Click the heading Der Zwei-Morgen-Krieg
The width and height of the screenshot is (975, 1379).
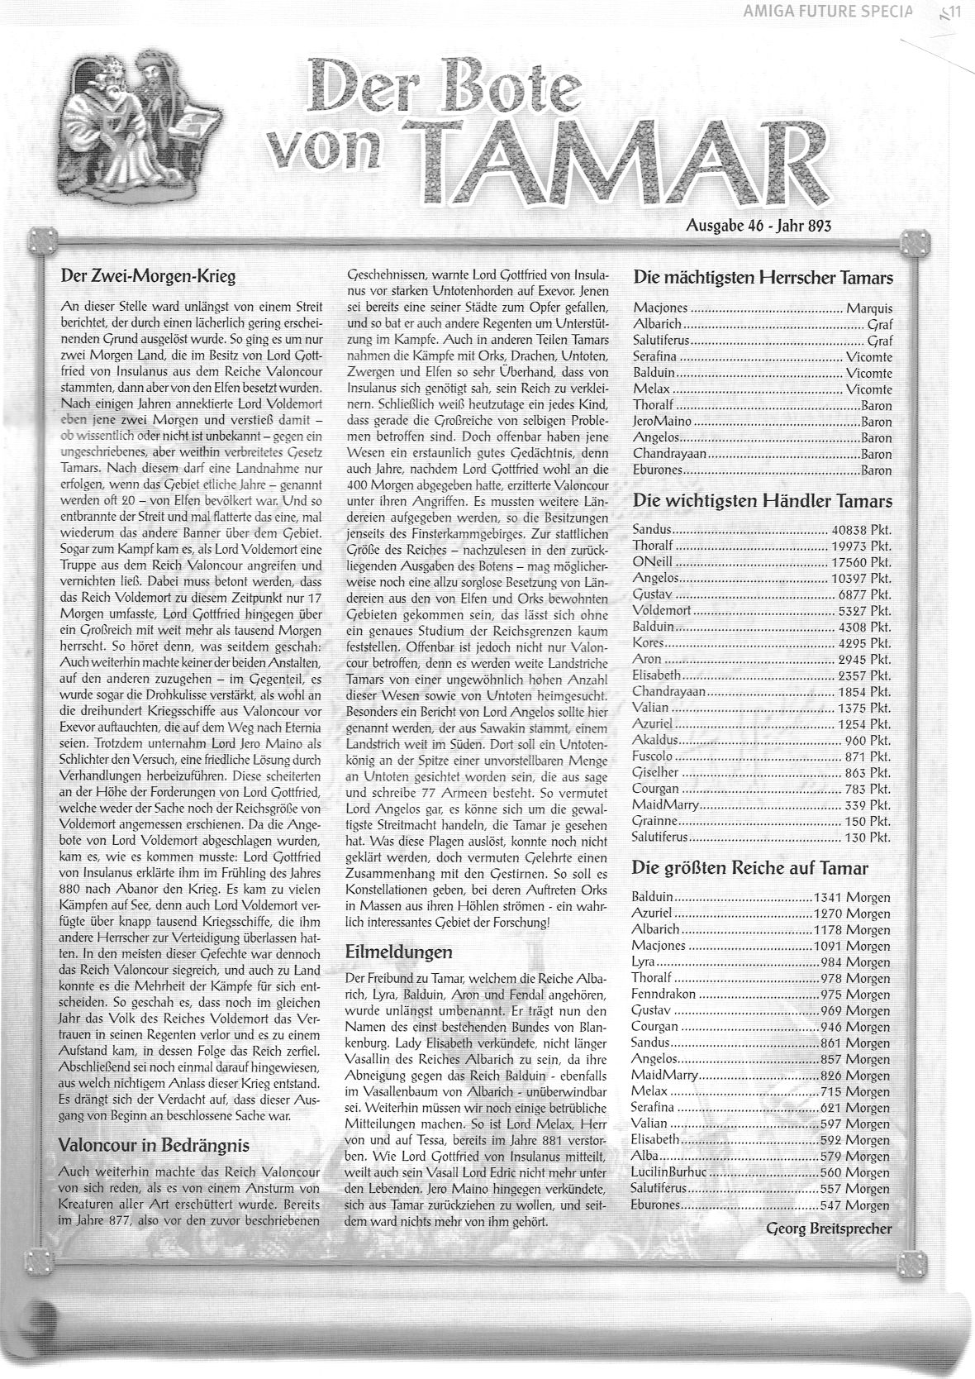(148, 276)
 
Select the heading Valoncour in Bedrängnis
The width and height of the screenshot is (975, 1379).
(154, 1145)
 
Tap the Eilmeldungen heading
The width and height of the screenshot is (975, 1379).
(398, 952)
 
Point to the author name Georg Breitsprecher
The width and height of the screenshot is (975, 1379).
(829, 1228)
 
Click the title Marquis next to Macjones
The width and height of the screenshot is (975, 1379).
(868, 308)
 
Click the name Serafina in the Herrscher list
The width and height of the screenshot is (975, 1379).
(656, 357)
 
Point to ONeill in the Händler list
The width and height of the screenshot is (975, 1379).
(652, 562)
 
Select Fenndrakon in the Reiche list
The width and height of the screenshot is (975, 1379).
(663, 995)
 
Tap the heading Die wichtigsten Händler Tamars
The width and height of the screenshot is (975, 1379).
(762, 501)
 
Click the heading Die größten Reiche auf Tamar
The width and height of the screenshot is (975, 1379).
(749, 867)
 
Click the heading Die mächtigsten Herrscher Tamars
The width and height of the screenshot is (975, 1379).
(763, 278)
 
